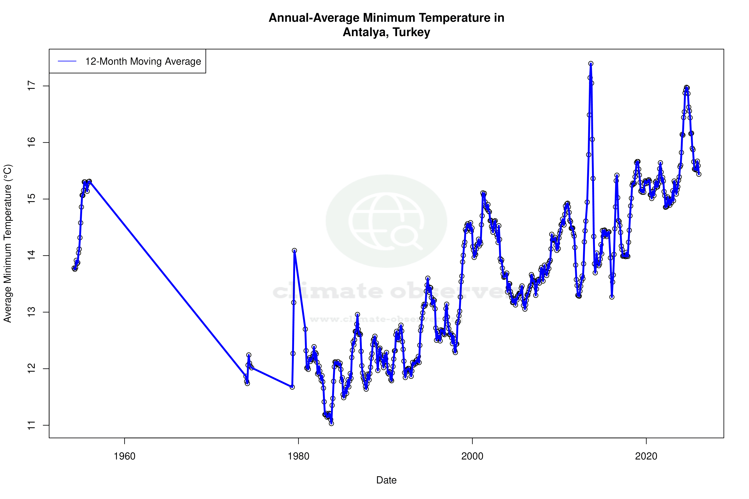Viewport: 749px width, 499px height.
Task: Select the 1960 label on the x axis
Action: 124,456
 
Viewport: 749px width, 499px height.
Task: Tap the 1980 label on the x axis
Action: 298,456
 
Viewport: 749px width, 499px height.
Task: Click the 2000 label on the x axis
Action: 472,456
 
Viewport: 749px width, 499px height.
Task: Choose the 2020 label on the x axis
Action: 646,456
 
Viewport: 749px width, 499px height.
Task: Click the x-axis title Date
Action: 386,480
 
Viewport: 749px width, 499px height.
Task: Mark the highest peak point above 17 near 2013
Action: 591,64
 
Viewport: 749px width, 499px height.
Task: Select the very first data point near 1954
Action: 74,268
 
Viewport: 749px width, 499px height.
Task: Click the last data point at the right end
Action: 699,174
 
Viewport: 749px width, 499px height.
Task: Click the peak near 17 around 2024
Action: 687,87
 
